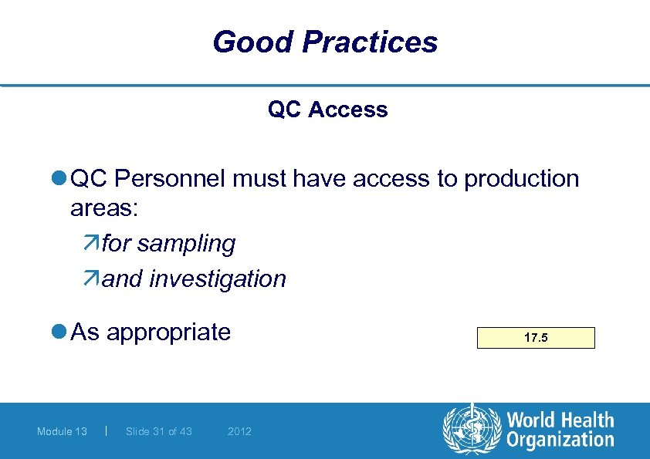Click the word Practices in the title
pos(370,42)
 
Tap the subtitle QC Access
pos(327,110)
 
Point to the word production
pos(521,179)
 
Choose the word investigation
pos(217,278)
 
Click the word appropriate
pos(168,332)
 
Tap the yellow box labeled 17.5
pos(537,338)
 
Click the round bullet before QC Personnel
pos(59,179)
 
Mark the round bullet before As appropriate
pos(59,332)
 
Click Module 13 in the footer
pos(62,431)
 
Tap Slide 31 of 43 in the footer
pos(159,431)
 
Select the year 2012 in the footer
pos(239,431)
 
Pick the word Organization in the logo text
pos(560,441)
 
